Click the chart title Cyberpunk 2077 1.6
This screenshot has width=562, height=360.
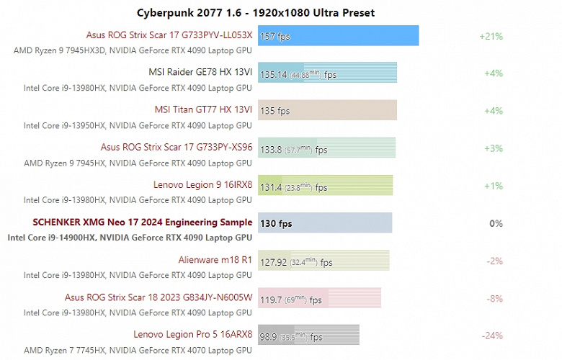[x=256, y=12]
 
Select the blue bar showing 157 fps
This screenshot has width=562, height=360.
[x=338, y=36]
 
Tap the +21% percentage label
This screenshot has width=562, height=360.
[x=491, y=36]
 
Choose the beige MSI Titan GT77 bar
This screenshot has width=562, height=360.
[x=327, y=110]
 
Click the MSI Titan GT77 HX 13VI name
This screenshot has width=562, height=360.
[x=203, y=110]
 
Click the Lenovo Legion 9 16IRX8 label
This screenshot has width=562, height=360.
[x=202, y=185]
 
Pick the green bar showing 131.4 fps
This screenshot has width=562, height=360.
[x=325, y=186]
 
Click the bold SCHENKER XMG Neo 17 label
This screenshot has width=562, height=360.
[x=142, y=222]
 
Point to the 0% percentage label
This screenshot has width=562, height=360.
[x=496, y=223]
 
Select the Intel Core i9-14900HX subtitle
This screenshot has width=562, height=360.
[x=130, y=238]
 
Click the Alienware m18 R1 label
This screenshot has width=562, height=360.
[x=215, y=260]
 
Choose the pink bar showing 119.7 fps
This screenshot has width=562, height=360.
[x=319, y=298]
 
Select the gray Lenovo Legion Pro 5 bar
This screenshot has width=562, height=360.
[x=308, y=336]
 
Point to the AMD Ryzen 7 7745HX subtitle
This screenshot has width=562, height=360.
[x=138, y=350]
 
